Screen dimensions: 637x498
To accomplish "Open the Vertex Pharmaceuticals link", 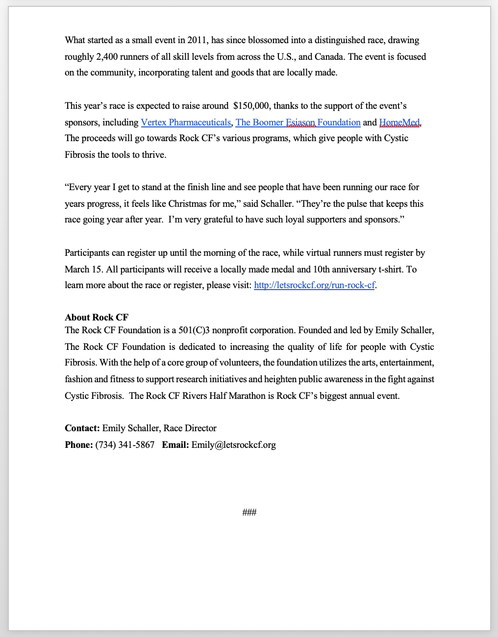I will click(x=186, y=122).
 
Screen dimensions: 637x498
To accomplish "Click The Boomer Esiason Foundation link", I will click(x=298, y=122).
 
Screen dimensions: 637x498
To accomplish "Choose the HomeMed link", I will click(x=399, y=122).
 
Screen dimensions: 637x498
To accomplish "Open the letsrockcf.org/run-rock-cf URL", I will click(x=314, y=285).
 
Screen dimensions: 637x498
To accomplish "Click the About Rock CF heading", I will click(x=97, y=318).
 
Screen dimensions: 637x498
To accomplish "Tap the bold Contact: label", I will click(x=82, y=428).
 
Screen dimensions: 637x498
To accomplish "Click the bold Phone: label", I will click(x=78, y=445).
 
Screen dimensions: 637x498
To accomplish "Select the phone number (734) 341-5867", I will click(x=124, y=445).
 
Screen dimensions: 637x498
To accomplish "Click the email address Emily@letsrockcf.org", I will click(x=233, y=445).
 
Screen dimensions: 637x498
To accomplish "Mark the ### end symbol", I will click(x=249, y=513).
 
